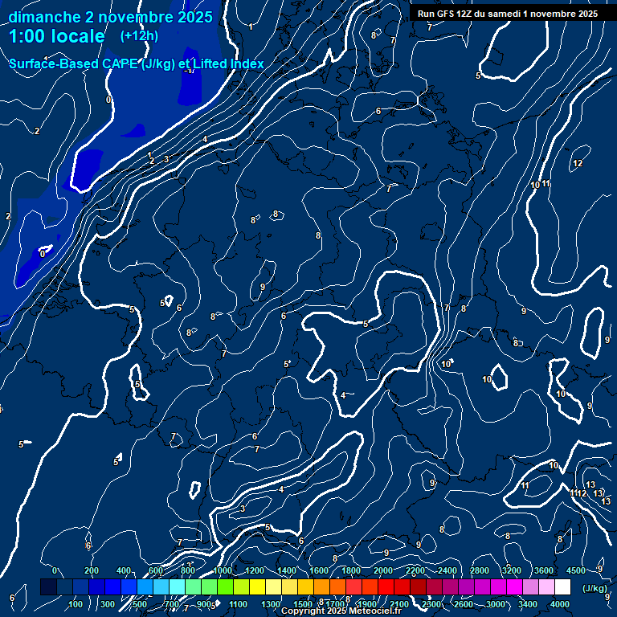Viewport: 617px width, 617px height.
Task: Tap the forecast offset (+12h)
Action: (139, 36)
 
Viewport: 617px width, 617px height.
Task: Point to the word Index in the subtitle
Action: (247, 63)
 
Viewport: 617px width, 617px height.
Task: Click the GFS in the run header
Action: (447, 14)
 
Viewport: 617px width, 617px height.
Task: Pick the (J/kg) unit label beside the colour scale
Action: (594, 589)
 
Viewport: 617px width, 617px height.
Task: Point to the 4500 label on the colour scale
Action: (576, 570)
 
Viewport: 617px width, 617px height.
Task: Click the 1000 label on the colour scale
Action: (223, 570)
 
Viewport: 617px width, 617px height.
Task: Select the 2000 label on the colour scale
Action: (383, 570)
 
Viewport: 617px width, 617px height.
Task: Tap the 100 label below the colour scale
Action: (76, 604)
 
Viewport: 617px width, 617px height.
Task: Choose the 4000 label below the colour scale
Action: (560, 604)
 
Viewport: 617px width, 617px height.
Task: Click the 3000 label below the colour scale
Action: (496, 604)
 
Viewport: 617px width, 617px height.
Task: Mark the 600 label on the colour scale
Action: (156, 570)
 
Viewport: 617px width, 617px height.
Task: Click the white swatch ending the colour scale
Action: (563, 587)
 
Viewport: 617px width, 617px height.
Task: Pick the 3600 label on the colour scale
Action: (544, 570)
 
